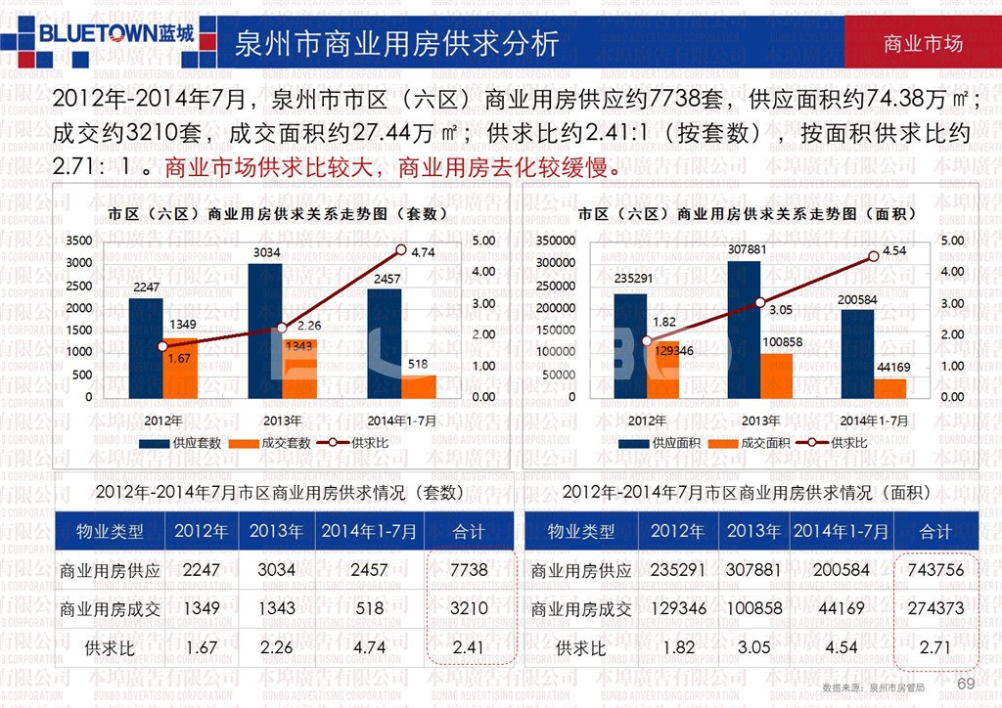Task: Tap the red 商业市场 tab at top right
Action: (x=922, y=44)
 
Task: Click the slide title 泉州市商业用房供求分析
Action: (x=396, y=43)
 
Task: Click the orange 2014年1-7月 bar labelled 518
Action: (x=418, y=386)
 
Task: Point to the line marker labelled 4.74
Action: (x=400, y=249)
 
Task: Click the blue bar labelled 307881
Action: (x=744, y=329)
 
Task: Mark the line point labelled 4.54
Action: (x=874, y=256)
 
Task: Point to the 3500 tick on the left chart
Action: (x=79, y=240)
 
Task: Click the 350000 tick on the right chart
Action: (x=554, y=240)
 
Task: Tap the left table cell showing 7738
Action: (x=470, y=570)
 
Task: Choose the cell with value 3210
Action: (x=470, y=608)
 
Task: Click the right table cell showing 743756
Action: (x=935, y=570)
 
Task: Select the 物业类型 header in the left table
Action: (x=110, y=532)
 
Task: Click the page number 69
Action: (x=966, y=683)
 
